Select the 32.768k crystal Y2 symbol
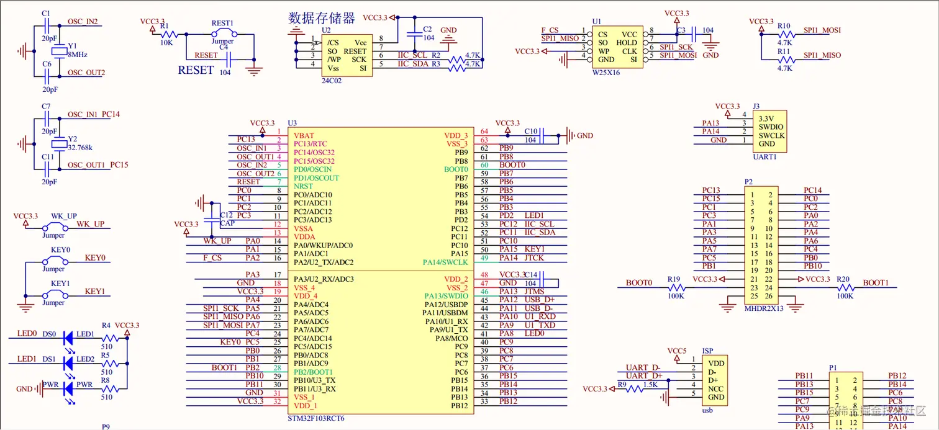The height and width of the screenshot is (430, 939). click(58, 145)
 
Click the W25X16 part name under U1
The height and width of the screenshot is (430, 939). click(606, 73)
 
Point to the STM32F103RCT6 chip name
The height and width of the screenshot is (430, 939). click(316, 418)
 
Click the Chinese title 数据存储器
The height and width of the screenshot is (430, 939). click(322, 18)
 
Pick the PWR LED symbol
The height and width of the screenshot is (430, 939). click(67, 388)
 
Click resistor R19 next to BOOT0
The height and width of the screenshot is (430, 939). click(676, 288)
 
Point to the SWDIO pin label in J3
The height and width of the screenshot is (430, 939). click(771, 127)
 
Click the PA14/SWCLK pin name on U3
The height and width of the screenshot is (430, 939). click(445, 262)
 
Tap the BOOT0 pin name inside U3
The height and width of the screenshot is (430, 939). click(456, 169)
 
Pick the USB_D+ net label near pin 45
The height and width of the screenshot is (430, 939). click(540, 300)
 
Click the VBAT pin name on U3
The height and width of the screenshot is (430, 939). click(304, 135)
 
